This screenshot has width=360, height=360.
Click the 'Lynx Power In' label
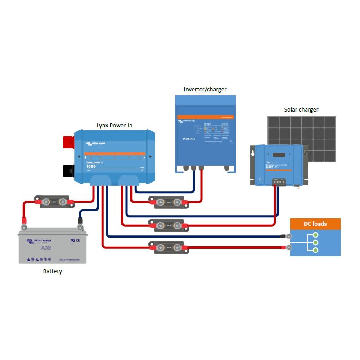(x=114, y=125)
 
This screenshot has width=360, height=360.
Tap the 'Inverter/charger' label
(x=205, y=89)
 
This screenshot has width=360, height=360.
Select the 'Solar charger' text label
(x=301, y=109)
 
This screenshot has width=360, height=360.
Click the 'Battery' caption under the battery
(x=53, y=271)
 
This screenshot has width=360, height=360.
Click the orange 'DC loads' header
(x=315, y=224)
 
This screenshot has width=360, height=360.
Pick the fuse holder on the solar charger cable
(x=168, y=225)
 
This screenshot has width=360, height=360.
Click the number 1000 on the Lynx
(x=91, y=166)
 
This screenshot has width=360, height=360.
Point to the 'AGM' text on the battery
(x=46, y=249)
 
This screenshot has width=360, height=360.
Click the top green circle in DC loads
(x=316, y=235)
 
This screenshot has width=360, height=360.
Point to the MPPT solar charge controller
(x=279, y=165)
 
